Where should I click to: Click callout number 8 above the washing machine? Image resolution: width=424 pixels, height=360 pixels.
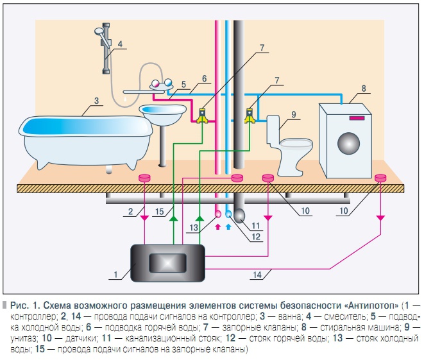point(364,89)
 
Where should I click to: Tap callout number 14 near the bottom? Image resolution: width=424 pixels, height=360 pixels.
point(257,275)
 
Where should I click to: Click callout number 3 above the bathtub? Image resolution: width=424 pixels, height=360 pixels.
point(96,100)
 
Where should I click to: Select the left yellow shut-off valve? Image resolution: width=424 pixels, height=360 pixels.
point(203,116)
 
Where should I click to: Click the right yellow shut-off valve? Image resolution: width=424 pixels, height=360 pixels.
point(250,116)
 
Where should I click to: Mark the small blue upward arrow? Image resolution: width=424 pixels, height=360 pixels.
point(228,227)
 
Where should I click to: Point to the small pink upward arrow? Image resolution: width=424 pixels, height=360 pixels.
point(217,227)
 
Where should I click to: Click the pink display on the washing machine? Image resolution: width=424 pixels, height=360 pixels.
point(356,118)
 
